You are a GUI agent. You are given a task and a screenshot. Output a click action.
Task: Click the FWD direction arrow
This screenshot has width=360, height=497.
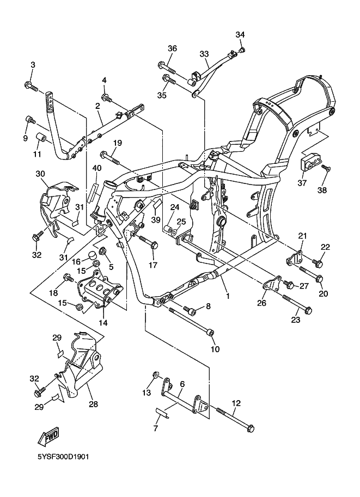[x=48, y=436]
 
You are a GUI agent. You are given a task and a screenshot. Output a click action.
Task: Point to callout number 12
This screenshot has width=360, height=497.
[x=236, y=403]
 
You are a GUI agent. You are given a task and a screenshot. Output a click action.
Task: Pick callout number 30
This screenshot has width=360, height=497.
[x=40, y=174]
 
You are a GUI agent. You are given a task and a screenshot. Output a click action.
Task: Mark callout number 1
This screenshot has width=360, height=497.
[x=227, y=297]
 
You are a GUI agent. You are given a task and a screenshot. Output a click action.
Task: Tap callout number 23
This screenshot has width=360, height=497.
[x=295, y=320]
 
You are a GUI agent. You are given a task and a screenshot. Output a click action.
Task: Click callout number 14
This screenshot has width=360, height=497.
[x=102, y=322]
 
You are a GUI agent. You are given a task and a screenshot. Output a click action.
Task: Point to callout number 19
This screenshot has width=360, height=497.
[x=117, y=143]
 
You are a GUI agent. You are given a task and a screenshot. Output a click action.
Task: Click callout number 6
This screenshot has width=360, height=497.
[x=181, y=384]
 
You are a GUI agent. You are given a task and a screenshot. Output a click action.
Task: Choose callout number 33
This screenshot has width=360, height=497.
[x=204, y=54]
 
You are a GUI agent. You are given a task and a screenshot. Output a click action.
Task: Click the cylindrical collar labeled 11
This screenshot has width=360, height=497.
[x=40, y=136]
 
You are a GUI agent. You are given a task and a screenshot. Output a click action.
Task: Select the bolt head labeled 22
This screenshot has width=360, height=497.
[x=319, y=265]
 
